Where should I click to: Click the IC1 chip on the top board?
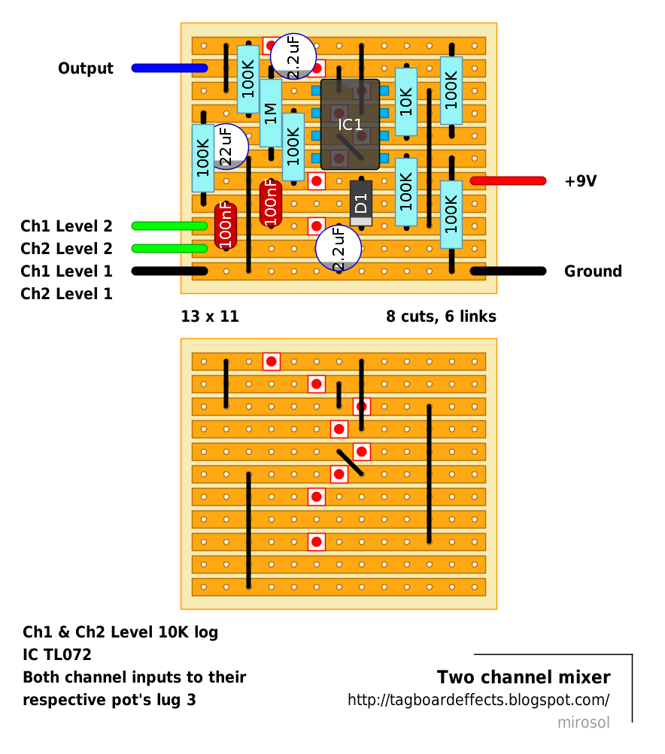350,124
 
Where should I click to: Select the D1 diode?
361,202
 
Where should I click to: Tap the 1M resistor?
271,113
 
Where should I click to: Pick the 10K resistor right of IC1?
406,101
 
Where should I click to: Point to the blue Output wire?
169,68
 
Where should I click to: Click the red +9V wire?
508,180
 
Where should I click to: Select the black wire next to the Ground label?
508,271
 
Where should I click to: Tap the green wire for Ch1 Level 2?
169,226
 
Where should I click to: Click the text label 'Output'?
86,68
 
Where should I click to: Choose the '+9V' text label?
580,181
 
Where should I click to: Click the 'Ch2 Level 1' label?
66,294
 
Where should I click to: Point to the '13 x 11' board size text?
210,316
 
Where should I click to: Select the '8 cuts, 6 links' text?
441,316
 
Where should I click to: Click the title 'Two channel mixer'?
524,677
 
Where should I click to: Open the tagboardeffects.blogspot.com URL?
478,700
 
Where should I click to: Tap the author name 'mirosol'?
583,722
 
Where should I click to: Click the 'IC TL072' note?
57,655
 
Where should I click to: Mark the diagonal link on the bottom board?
351,463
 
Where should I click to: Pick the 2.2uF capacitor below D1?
339,248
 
